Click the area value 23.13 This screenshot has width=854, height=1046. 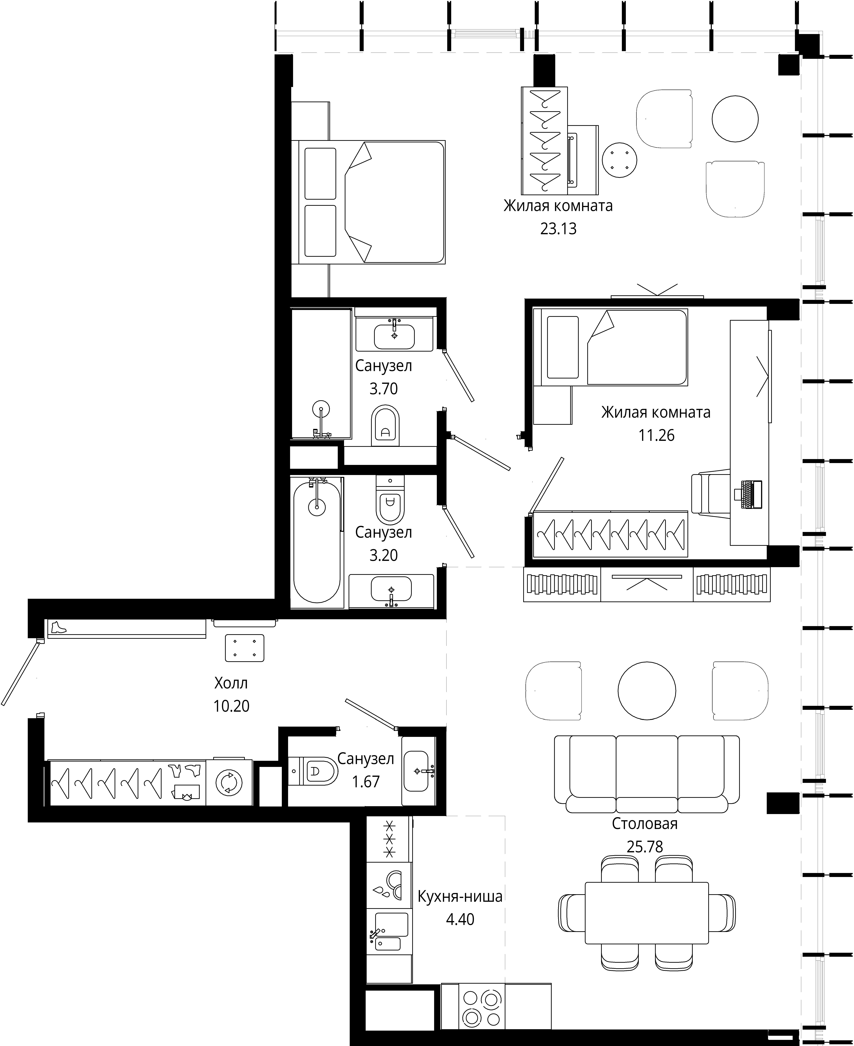click(558, 229)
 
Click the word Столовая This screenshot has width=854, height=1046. click(644, 824)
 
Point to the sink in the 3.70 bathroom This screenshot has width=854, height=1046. click(394, 336)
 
